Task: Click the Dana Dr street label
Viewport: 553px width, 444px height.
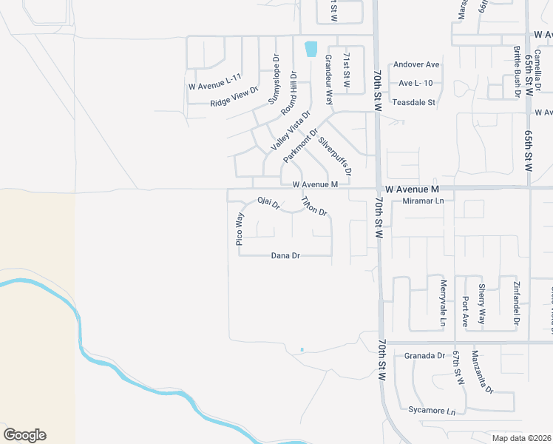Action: coord(285,256)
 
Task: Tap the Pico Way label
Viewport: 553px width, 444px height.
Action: coord(240,229)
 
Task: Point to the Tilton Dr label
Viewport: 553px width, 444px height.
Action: coord(313,206)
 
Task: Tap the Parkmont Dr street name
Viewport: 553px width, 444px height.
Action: coord(300,145)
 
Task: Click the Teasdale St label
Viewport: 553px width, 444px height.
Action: coord(413,102)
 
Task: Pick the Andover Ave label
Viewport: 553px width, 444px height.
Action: coord(416,64)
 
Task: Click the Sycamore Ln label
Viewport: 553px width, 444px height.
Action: coord(431,410)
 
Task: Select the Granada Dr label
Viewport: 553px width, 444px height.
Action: coord(424,356)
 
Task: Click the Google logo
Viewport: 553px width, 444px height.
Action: coord(24,434)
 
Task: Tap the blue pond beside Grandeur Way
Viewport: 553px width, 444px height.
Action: coord(311,49)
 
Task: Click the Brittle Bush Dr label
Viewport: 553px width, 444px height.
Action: coord(517,72)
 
